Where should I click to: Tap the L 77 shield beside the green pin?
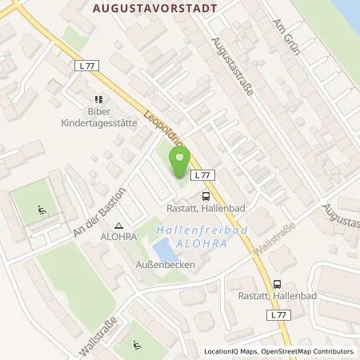coord(204,175)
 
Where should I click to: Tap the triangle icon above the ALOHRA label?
coord(118,226)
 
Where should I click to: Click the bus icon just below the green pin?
coord(206,194)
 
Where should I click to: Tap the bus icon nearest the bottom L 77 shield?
coord(277,284)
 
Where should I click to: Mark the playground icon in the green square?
coord(41,212)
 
